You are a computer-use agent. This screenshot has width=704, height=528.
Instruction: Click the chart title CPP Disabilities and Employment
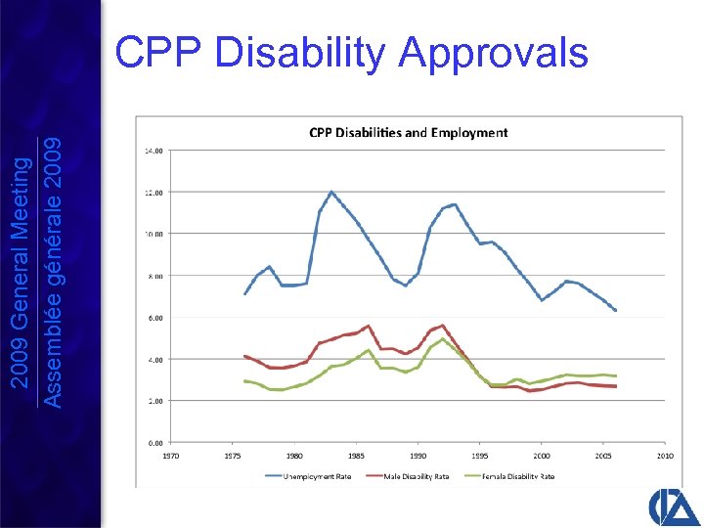[x=408, y=132]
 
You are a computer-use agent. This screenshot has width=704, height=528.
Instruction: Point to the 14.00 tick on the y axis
[x=154, y=151]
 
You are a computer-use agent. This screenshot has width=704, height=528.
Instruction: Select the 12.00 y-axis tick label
[x=154, y=192]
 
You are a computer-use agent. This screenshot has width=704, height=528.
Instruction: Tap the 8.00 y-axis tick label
[x=155, y=276]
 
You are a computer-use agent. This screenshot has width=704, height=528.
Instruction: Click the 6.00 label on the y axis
[x=155, y=317]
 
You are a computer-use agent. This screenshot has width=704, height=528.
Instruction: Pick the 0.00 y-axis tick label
[x=155, y=442]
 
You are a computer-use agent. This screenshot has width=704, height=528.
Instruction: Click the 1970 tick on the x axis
[x=170, y=456]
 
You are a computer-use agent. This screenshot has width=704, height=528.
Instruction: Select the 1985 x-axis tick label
[x=356, y=456]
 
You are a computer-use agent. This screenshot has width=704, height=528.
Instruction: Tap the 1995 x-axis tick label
[x=480, y=456]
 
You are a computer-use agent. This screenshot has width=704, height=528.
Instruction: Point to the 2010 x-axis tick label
[x=665, y=456]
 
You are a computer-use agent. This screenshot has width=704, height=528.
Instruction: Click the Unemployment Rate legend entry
[x=312, y=476]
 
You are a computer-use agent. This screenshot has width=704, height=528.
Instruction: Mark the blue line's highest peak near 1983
[x=331, y=192]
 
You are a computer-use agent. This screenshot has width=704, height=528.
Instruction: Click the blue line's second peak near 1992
[x=454, y=204]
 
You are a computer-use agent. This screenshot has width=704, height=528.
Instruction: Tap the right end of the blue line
[x=615, y=310]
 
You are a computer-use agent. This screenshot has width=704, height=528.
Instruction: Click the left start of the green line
[x=245, y=380]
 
